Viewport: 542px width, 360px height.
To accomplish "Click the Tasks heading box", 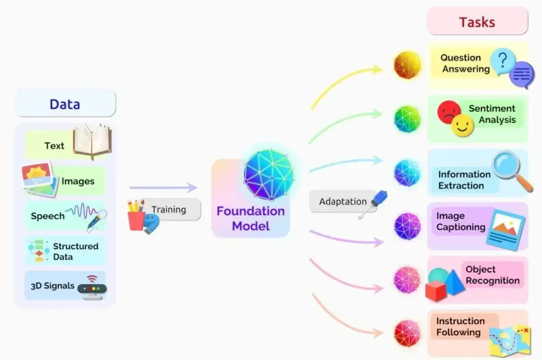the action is [477, 21].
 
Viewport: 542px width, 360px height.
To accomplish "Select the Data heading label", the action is [65, 104].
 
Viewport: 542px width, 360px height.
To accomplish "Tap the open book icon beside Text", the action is [93, 141].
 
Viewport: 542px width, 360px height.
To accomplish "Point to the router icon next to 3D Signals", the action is [92, 287].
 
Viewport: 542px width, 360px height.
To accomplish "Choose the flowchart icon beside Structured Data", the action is [38, 250].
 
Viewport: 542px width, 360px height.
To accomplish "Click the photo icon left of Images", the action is [40, 179].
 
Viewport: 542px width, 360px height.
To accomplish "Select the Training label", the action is [169, 209].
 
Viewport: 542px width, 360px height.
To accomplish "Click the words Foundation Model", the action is [250, 218].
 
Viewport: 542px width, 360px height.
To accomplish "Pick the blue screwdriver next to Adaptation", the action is [374, 204].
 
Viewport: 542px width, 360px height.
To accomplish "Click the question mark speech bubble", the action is [503, 61].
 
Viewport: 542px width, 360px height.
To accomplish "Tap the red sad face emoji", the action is [449, 112].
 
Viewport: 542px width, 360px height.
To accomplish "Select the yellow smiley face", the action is [462, 125].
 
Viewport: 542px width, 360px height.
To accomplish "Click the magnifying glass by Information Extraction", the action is [513, 171].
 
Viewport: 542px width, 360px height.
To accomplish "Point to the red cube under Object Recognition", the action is [436, 291].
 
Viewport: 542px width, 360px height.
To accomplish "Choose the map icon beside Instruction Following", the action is [510, 341].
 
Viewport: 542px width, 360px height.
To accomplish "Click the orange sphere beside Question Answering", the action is [408, 65].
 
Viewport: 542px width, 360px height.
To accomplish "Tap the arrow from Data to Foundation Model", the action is [163, 188].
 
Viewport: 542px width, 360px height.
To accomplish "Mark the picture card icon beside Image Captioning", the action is [506, 230].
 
